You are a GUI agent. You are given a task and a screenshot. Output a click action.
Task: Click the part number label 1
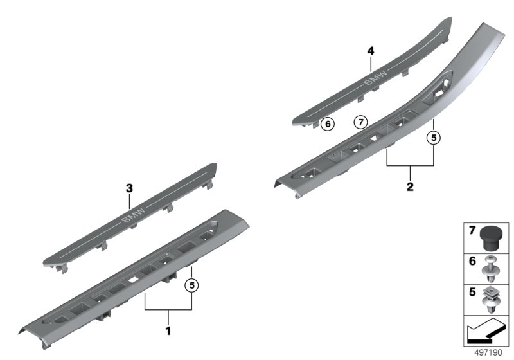tap(168, 331)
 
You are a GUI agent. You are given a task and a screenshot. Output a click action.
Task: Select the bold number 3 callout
tap(128, 188)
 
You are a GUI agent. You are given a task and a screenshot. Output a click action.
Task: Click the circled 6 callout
tap(327, 123)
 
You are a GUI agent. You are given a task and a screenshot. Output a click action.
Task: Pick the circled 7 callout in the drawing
tap(360, 121)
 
